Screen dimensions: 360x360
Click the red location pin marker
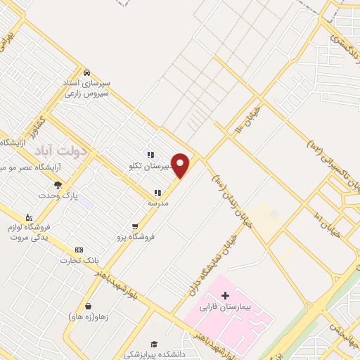(x=181, y=165)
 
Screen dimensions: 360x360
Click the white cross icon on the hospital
(x=225, y=295)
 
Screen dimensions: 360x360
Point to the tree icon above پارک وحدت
(x=58, y=185)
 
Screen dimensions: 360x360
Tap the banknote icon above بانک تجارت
(x=78, y=250)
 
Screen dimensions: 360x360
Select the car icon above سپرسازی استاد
(x=86, y=72)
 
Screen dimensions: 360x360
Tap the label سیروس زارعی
(x=86, y=93)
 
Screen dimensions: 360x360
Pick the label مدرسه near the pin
(x=157, y=202)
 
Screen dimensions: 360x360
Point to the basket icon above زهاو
(x=89, y=306)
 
